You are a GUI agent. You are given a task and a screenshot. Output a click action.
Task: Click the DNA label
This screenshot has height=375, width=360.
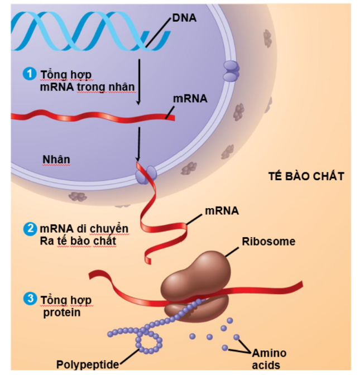[x=184, y=18]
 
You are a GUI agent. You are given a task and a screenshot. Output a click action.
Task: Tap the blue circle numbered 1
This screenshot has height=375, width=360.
[x=28, y=74]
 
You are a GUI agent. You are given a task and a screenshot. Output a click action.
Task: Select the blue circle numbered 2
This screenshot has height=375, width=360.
[x=29, y=228]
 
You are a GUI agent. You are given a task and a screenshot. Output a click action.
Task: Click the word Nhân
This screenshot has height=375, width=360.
[x=56, y=159]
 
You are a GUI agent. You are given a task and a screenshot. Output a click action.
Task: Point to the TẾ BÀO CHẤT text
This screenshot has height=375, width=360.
[x=306, y=176]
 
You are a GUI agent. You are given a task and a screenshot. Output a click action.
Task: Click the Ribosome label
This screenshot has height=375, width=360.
[x=268, y=242]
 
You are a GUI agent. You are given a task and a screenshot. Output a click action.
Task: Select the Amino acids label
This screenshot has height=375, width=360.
[x=268, y=359]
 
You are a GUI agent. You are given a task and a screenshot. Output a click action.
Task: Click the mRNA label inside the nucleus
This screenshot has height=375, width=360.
[x=190, y=98]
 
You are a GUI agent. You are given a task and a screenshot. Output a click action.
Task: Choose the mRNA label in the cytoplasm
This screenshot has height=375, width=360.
[x=222, y=210]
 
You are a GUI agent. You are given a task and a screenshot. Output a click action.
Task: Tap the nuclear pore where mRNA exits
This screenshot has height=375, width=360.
[x=145, y=175]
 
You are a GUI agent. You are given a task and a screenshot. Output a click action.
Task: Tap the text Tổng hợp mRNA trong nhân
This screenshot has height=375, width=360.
[x=87, y=81]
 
